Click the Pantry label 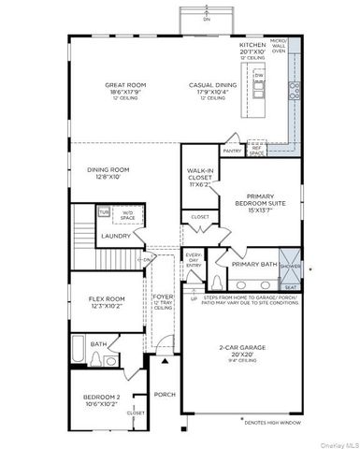(232, 150)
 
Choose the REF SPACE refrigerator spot (255, 150)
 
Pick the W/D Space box (127, 216)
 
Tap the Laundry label (115, 236)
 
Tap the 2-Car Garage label (241, 349)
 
